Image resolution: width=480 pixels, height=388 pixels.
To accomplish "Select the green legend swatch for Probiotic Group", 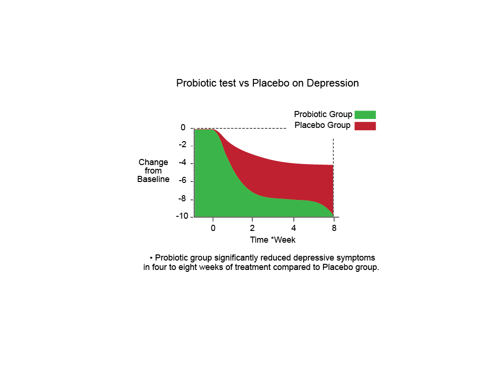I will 365,115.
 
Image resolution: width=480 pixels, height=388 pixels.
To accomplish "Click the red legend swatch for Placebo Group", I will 365,126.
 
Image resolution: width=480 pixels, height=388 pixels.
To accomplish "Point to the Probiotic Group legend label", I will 323,114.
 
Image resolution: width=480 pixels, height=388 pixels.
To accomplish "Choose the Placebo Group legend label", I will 323,125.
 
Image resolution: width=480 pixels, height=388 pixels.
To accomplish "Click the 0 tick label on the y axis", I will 183,127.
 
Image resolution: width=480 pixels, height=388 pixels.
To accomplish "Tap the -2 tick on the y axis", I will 182,145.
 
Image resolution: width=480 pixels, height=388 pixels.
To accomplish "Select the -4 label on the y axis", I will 182,163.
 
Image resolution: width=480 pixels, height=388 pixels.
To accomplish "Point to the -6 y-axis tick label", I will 182,181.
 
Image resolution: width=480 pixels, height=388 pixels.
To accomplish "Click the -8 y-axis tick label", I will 182,199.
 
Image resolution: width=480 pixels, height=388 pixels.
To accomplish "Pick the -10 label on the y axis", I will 182,216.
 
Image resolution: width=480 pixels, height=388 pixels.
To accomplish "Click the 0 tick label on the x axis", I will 213,228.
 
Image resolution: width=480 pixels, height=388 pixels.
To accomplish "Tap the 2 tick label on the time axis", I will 252,228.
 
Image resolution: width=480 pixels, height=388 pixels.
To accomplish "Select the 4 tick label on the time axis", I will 294,228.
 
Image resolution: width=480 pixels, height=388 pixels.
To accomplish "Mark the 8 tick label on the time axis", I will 334,228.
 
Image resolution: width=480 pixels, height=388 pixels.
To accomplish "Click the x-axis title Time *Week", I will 273,240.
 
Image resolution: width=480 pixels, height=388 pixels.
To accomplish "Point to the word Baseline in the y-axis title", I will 153,179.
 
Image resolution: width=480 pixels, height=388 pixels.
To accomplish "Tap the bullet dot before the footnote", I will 151,258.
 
